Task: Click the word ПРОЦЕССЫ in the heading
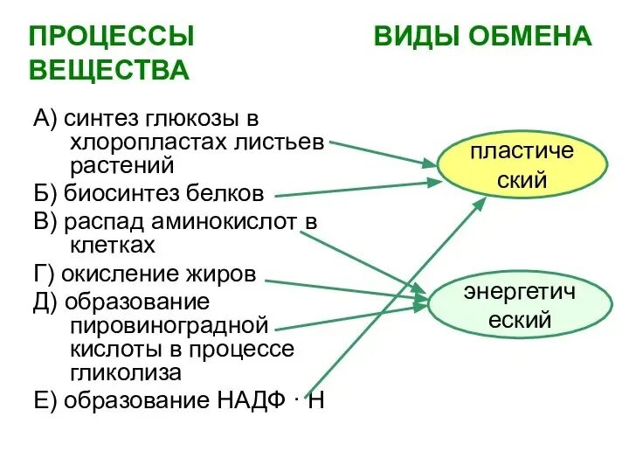[x=112, y=37]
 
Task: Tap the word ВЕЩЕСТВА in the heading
[x=109, y=70]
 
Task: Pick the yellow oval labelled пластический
[x=522, y=166]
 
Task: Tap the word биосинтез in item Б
[x=117, y=192]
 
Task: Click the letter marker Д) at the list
[x=45, y=302]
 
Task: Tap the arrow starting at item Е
[x=393, y=297]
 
